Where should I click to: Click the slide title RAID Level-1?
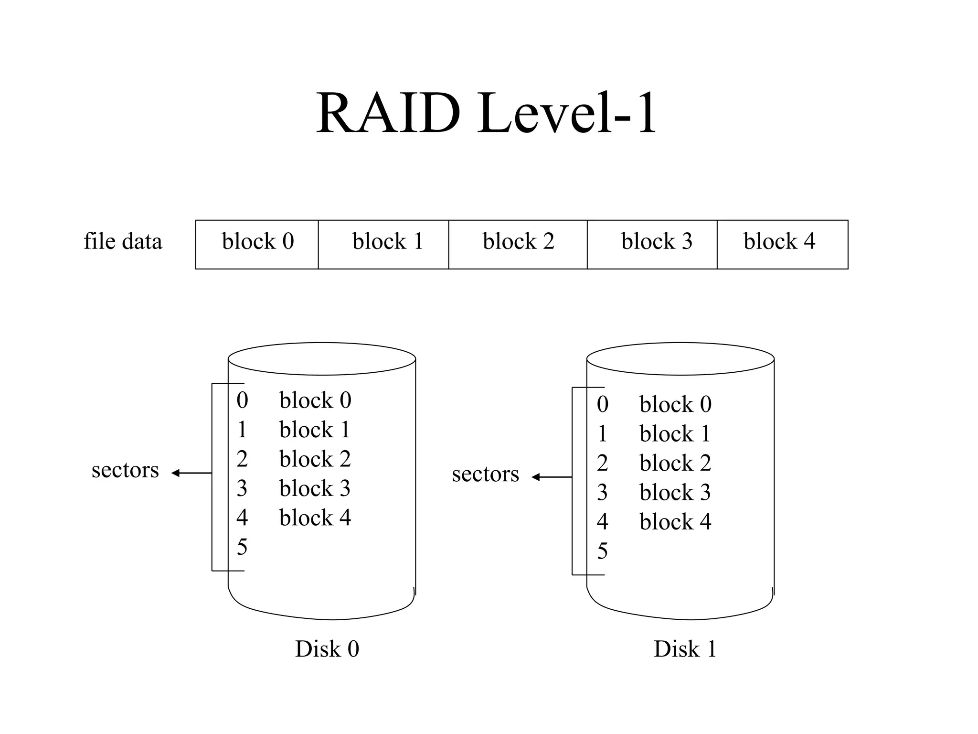pyautogui.click(x=486, y=114)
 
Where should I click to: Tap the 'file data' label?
pyautogui.click(x=123, y=241)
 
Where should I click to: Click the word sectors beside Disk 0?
pyautogui.click(x=125, y=470)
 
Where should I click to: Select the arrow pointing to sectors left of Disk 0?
pyautogui.click(x=191, y=473)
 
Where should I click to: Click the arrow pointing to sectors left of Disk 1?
pyautogui.click(x=551, y=477)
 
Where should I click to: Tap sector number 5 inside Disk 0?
pyautogui.click(x=242, y=547)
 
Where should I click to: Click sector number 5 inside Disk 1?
pyautogui.click(x=603, y=551)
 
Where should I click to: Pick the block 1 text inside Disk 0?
pyautogui.click(x=315, y=430)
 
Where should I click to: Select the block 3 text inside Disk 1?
pyautogui.click(x=675, y=493)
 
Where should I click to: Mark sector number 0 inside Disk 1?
pyautogui.click(x=603, y=405)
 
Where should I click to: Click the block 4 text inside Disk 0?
pyautogui.click(x=315, y=518)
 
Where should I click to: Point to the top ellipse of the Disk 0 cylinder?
pyautogui.click(x=321, y=358)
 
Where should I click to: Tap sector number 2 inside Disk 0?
pyautogui.click(x=242, y=459)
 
